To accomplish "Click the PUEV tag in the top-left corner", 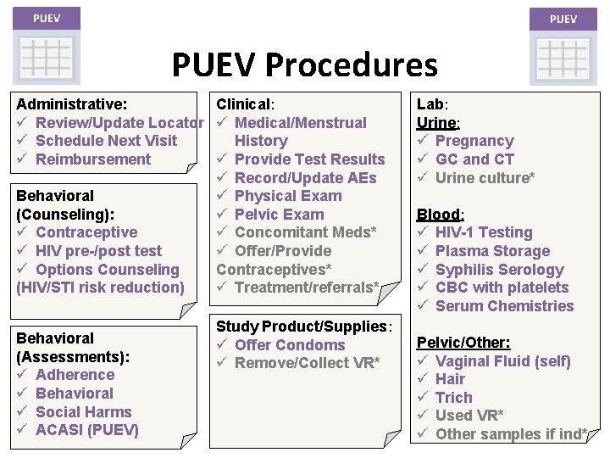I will [46, 18].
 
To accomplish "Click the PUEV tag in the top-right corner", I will [563, 19].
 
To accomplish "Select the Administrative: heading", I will [72, 104].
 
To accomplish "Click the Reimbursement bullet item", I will [93, 159].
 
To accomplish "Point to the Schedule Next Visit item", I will [106, 141].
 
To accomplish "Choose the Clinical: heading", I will [245, 104].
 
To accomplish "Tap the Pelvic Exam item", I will [279, 215].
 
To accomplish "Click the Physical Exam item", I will [288, 196].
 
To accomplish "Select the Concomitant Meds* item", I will [305, 232].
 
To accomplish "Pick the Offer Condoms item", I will [290, 345].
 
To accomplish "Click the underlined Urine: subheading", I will [438, 123].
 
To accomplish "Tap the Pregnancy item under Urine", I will [474, 141].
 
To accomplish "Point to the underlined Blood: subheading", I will [439, 215].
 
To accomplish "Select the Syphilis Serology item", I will [499, 270].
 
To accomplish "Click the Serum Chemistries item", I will [504, 306].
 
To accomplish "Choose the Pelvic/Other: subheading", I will [463, 343].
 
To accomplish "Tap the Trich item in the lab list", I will [453, 398].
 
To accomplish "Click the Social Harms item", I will [84, 411].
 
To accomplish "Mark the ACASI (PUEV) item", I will [86, 430].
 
